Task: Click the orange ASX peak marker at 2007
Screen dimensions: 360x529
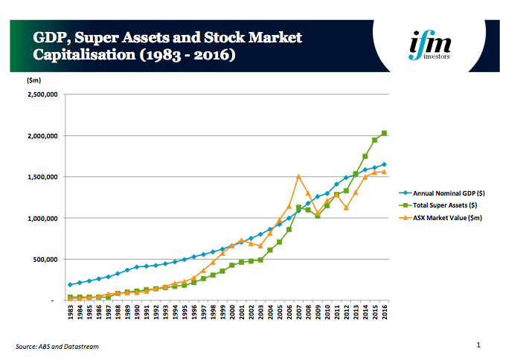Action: tap(298, 176)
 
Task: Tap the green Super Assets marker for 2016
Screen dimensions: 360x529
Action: tap(384, 133)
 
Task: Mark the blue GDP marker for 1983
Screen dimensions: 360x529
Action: tap(70, 285)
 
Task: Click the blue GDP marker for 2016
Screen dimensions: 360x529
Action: tap(384, 164)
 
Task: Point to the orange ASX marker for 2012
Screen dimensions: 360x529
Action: tap(346, 208)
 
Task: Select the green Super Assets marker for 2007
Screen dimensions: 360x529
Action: tap(298, 208)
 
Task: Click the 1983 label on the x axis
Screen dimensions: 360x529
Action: tap(70, 312)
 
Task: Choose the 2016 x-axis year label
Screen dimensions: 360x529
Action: tap(384, 312)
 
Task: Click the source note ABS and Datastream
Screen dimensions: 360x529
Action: tap(57, 347)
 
